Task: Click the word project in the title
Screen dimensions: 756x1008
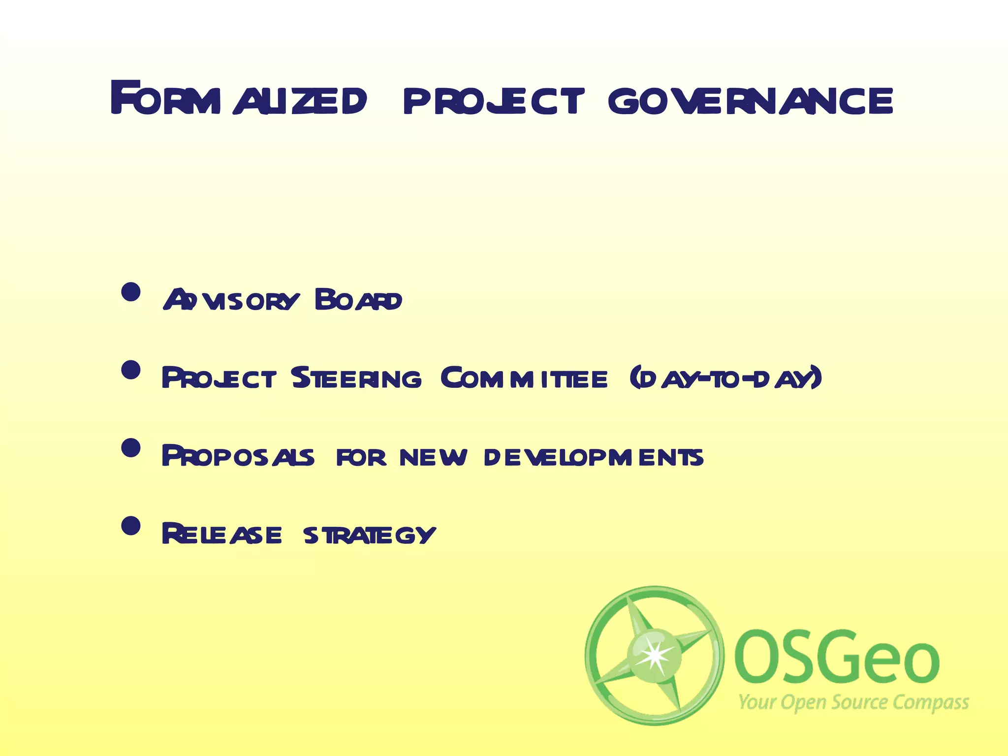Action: (x=494, y=101)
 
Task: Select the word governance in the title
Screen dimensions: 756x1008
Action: (x=751, y=101)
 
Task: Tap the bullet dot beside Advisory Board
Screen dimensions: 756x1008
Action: (x=131, y=292)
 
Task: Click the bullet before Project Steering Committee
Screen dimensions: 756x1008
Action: (x=131, y=370)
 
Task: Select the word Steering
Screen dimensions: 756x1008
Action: (x=356, y=378)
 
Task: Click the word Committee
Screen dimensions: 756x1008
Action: (x=524, y=378)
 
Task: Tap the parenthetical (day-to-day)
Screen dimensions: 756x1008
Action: (x=726, y=378)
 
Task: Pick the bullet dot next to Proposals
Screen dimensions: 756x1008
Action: (x=131, y=448)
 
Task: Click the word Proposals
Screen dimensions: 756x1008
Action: (x=238, y=456)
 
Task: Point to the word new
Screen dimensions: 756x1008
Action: (x=433, y=457)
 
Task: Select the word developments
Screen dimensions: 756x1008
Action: (x=594, y=457)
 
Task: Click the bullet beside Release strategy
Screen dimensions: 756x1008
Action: (x=131, y=526)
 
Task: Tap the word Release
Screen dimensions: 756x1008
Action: (x=221, y=534)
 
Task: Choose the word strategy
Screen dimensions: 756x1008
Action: (x=369, y=535)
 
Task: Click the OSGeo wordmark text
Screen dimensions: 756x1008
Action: (x=837, y=659)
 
